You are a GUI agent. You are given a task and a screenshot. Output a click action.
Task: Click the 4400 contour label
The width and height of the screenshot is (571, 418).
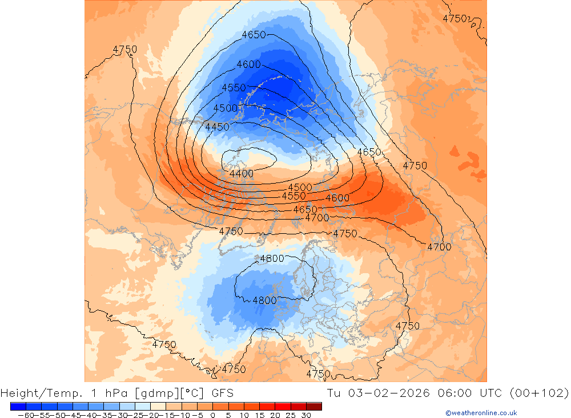pyautogui.click(x=242, y=173)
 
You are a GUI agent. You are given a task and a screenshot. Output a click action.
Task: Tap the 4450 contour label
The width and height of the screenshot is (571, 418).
pyautogui.click(x=217, y=127)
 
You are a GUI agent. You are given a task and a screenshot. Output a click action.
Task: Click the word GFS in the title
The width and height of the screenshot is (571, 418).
pyautogui.click(x=222, y=393)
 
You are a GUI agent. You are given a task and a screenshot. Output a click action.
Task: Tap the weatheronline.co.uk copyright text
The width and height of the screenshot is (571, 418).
pyautogui.click(x=481, y=413)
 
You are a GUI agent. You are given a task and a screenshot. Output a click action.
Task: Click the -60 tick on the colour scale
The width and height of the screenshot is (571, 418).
pyautogui.click(x=25, y=415)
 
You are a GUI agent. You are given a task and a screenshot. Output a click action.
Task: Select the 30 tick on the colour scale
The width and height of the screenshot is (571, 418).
pyautogui.click(x=306, y=415)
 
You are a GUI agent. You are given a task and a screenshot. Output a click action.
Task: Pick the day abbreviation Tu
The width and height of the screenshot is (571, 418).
pyautogui.click(x=334, y=393)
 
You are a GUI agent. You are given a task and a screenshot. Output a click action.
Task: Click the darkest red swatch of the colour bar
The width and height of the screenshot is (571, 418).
pyautogui.click(x=313, y=406)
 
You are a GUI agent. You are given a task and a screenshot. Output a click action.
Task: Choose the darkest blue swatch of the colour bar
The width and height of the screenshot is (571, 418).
pyautogui.click(x=18, y=406)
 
